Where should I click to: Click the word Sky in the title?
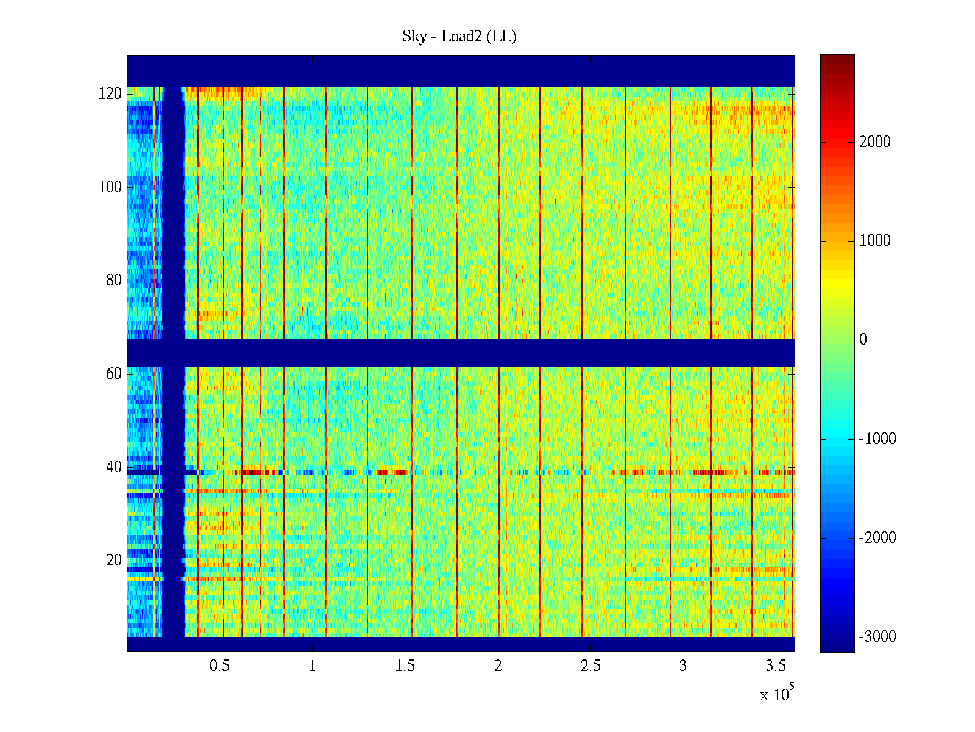(414, 37)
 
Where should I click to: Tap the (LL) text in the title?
(503, 37)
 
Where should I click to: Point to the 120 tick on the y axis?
(110, 94)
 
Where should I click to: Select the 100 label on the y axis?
(110, 187)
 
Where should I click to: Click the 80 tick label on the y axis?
(114, 281)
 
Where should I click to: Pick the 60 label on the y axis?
(114, 374)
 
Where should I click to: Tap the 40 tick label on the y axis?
(114, 467)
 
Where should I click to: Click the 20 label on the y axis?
(114, 561)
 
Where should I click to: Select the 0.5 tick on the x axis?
(219, 666)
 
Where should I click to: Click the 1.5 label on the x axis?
(405, 666)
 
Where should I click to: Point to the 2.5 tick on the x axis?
(590, 666)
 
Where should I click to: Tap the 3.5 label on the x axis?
(776, 666)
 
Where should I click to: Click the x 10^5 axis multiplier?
(776, 694)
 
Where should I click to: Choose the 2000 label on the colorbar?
(874, 142)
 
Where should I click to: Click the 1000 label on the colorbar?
(874, 241)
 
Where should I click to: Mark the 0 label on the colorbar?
(863, 340)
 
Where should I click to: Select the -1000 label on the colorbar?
(877, 439)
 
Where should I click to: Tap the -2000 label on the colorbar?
(877, 538)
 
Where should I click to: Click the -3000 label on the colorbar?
(877, 637)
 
